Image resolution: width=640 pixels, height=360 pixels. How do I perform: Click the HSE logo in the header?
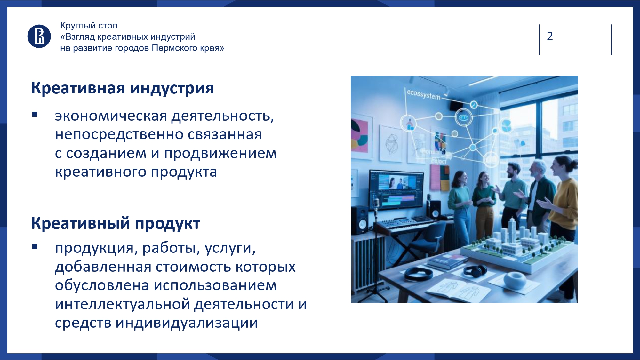[x=39, y=36]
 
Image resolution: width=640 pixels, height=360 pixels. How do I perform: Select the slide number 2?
[x=550, y=36]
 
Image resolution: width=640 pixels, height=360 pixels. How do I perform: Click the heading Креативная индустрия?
[x=122, y=88]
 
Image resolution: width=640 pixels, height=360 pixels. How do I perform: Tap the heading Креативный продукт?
[x=116, y=223]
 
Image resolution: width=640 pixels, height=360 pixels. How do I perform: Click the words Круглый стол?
[x=89, y=26]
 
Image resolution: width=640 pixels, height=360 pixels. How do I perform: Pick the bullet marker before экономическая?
[x=35, y=114]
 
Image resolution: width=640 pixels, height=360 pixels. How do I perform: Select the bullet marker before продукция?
[x=35, y=246]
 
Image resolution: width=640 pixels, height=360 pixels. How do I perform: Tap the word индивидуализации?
[x=187, y=323]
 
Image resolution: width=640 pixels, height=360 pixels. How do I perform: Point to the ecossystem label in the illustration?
[x=423, y=94]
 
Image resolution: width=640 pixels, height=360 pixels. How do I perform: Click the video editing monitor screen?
[x=396, y=189]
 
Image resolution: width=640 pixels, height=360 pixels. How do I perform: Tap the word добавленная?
[x=103, y=267]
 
